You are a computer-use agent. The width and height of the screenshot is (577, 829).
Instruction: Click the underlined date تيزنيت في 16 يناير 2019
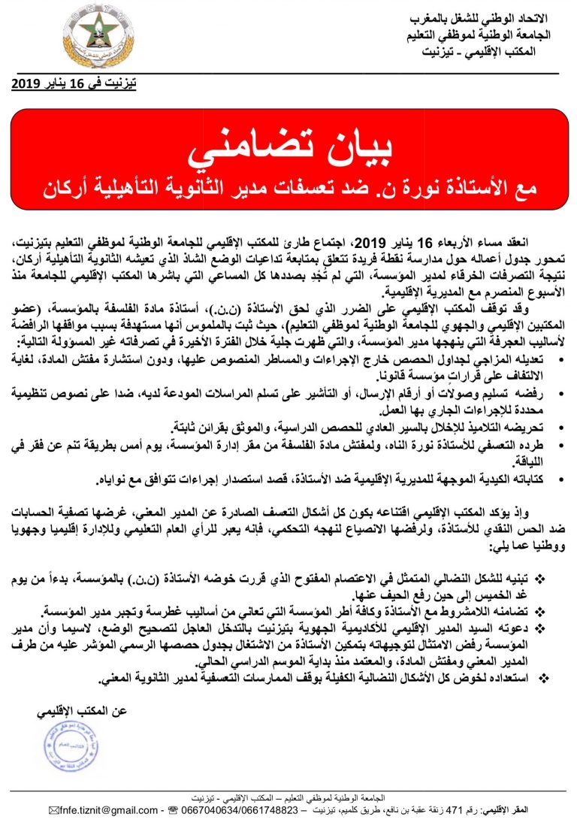pos(73,83)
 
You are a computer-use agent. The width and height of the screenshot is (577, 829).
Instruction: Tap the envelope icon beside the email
pos(53,811)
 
